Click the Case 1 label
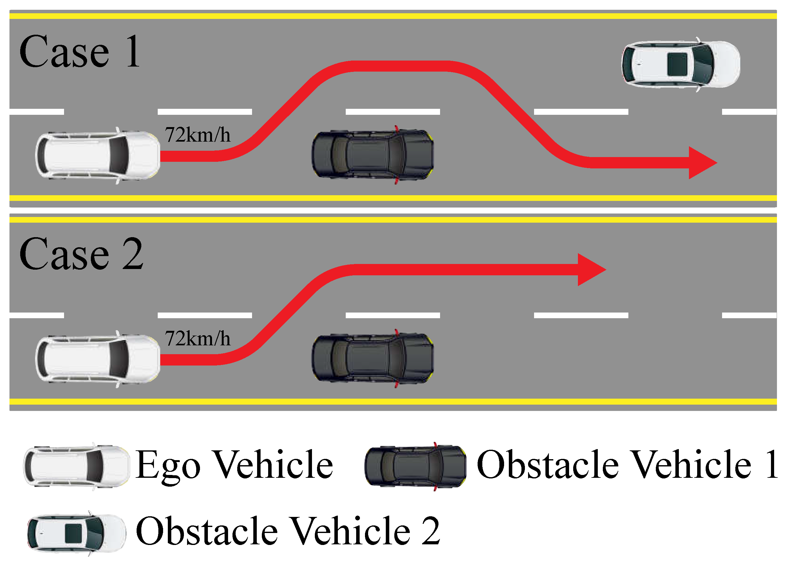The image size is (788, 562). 79,52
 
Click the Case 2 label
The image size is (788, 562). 81,255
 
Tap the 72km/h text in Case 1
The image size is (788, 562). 197,135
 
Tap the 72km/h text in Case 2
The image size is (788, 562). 197,338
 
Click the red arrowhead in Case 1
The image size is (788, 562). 701,163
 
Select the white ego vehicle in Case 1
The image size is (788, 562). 97,155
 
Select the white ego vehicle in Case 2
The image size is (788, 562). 97,359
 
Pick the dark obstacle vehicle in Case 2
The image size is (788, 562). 373,358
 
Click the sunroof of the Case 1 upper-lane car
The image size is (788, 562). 677,64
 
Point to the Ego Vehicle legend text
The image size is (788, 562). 234,465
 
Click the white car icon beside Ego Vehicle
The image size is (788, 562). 76,466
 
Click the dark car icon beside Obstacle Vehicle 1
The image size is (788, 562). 415,466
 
